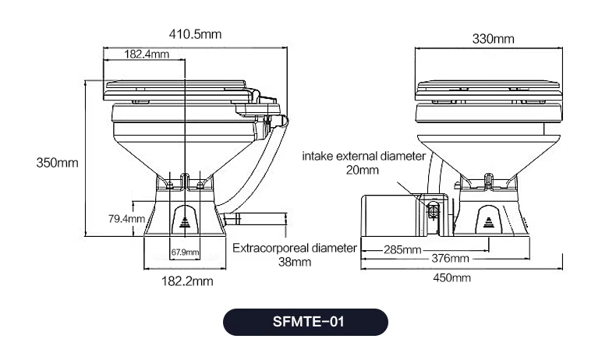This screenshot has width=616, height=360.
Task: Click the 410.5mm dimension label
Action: [195, 34]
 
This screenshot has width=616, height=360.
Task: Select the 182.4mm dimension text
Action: [147, 54]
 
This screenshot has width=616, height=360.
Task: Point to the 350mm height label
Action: [58, 163]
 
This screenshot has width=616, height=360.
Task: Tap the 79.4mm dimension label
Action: [126, 218]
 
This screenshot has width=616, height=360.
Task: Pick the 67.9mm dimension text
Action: [185, 252]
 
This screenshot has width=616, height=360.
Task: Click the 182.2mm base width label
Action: [187, 281]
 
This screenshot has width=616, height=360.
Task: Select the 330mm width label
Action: [493, 39]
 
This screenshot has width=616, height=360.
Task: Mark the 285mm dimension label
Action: [402, 249]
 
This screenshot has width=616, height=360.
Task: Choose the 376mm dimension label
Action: [450, 259]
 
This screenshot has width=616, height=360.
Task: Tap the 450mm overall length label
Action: [451, 278]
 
